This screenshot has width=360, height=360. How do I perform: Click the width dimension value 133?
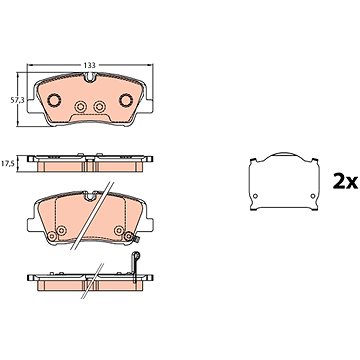pyautogui.click(x=89, y=65)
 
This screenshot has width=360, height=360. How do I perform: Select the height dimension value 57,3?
pyautogui.click(x=16, y=101)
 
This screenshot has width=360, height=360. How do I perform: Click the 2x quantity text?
pyautogui.click(x=345, y=182)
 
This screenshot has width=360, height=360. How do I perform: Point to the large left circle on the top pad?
pyautogui.click(x=54, y=100)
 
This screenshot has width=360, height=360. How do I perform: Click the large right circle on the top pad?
pyautogui.click(x=126, y=100)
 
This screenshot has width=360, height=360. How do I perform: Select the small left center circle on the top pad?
pyautogui.click(x=80, y=107)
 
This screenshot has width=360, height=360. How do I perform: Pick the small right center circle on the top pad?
pyautogui.click(x=99, y=107)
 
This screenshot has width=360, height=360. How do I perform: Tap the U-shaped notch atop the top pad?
pyautogui.click(x=90, y=77)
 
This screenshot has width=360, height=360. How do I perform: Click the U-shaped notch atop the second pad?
pyautogui.click(x=90, y=196)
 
